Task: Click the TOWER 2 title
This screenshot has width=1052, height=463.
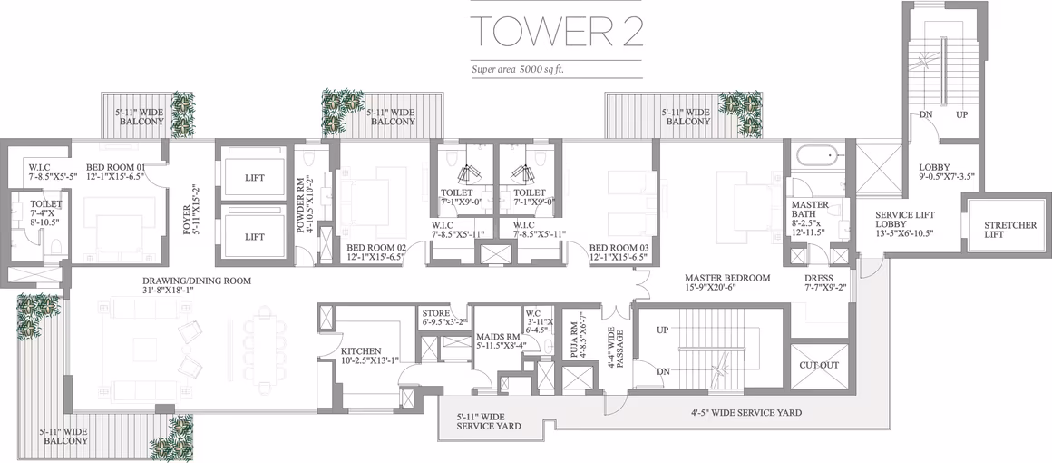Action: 556,32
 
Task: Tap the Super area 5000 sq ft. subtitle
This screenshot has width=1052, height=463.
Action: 523,69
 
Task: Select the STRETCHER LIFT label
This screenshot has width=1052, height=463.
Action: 1009,230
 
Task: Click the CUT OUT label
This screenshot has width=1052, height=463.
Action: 819,366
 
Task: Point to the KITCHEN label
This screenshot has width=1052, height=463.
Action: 361,351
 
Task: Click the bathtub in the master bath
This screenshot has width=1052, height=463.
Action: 817,158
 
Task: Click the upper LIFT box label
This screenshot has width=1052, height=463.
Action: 254,178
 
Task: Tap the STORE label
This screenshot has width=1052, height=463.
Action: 435,313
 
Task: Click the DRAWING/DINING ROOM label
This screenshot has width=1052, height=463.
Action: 197,281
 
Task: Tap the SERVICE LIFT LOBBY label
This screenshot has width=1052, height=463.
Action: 905,219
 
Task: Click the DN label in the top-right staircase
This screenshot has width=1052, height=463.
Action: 927,115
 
